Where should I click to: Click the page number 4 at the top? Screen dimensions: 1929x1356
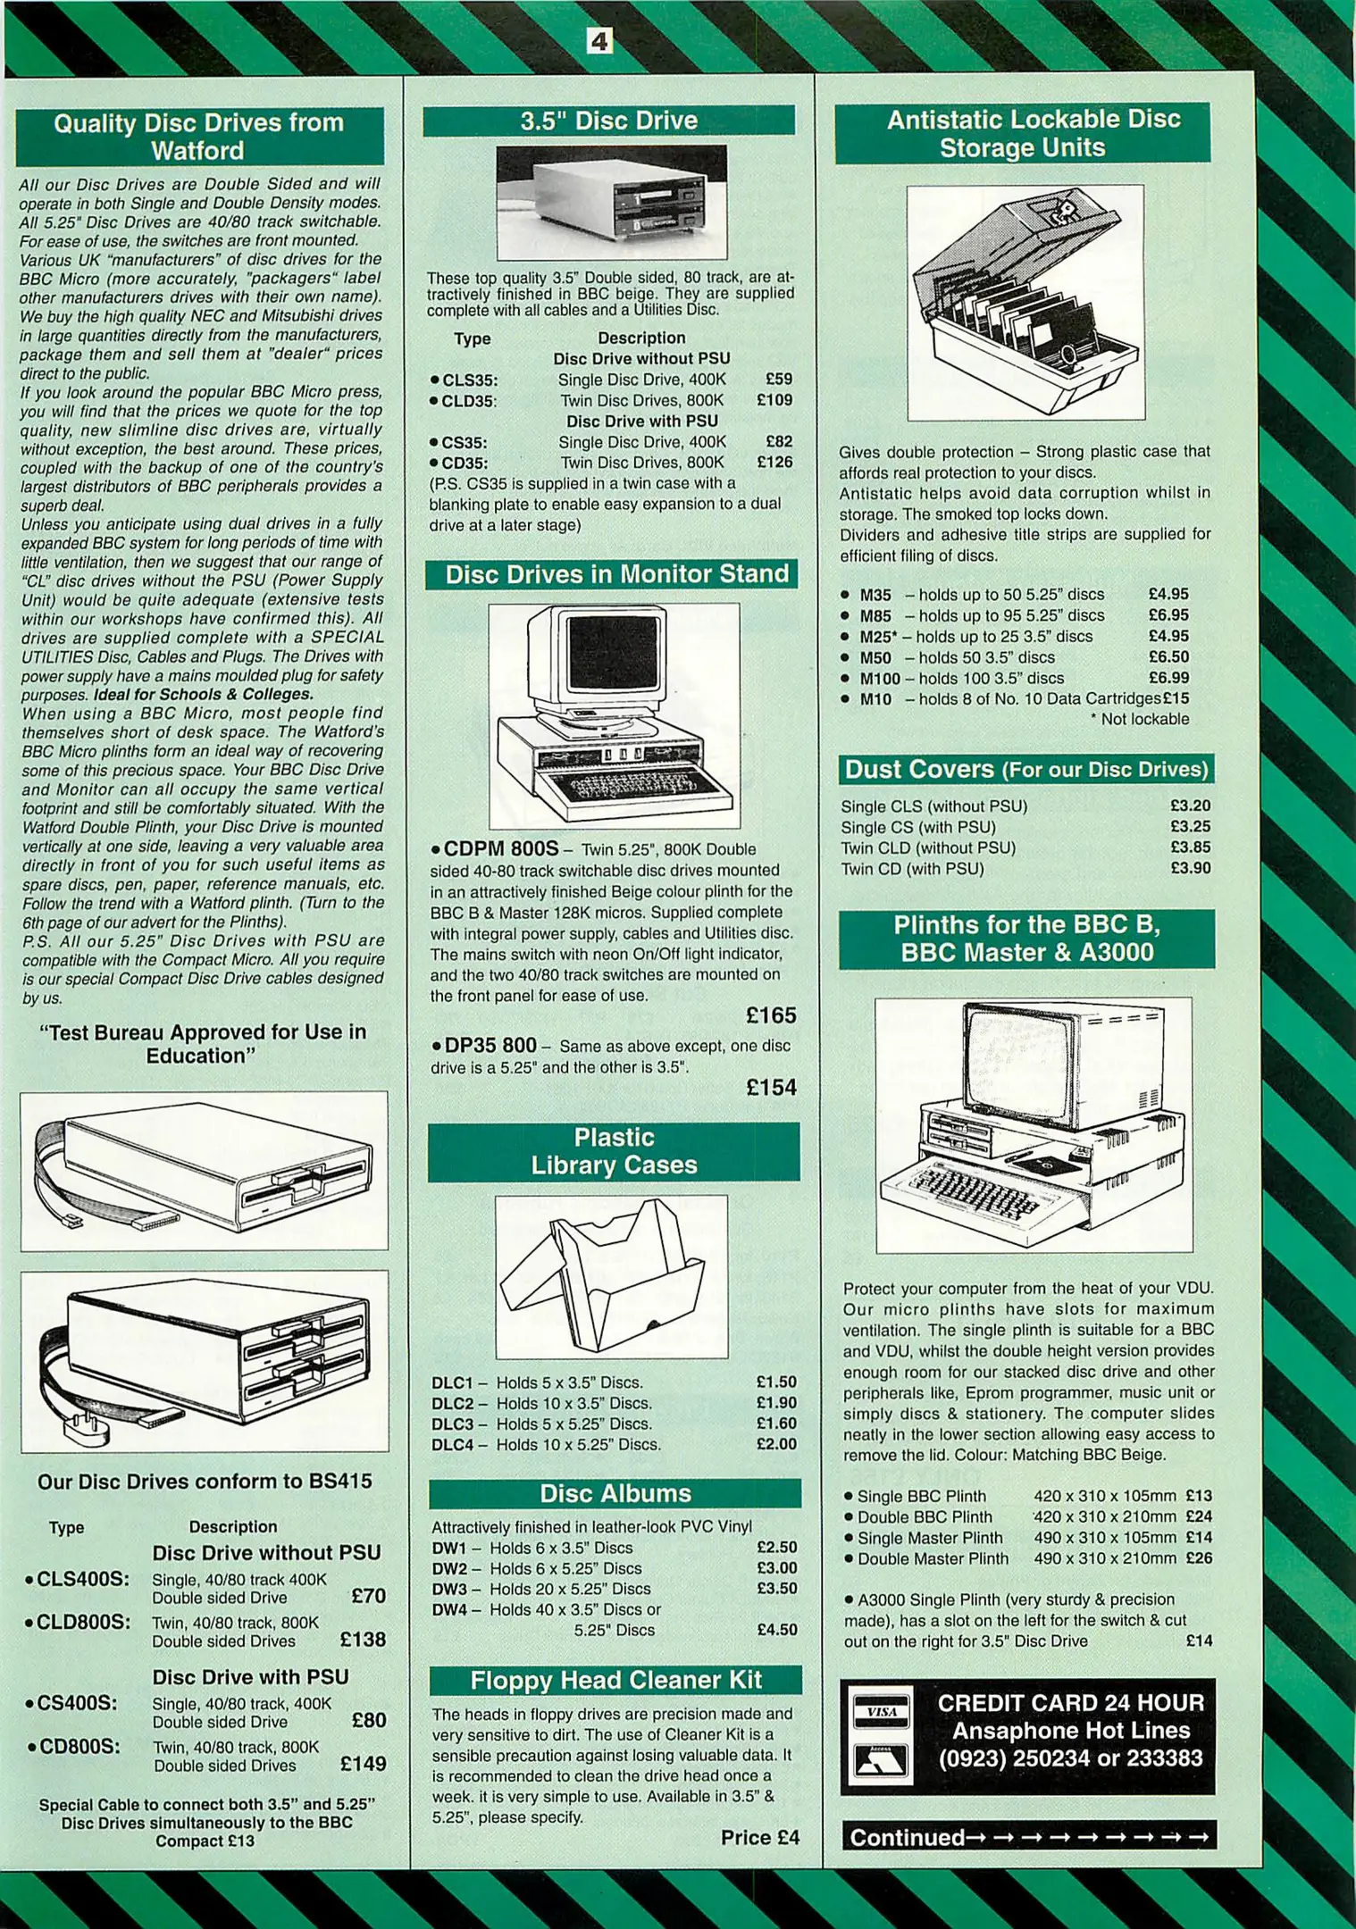[x=599, y=40]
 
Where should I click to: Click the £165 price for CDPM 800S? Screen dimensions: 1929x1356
[x=771, y=1015]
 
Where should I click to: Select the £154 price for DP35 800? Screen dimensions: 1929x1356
[x=771, y=1087]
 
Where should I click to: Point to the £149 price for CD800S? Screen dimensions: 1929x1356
[x=363, y=1764]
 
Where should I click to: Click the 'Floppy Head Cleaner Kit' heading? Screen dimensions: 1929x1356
[x=615, y=1680]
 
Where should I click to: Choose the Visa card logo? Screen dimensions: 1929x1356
[x=881, y=1712]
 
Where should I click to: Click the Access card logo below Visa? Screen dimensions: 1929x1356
[x=881, y=1760]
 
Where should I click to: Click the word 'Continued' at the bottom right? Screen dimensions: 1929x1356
[x=907, y=1837]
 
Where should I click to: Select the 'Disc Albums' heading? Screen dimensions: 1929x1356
[x=615, y=1493]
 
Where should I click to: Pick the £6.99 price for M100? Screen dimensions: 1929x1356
[x=1168, y=678]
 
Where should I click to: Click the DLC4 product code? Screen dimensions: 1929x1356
[x=452, y=1444]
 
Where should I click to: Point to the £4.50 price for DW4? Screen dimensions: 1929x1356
[x=776, y=1630]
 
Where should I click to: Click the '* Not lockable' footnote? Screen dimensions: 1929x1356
[x=1139, y=719]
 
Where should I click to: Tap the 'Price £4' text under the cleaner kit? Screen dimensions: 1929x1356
[x=759, y=1837]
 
